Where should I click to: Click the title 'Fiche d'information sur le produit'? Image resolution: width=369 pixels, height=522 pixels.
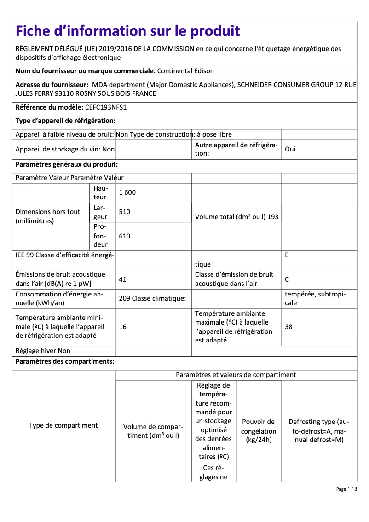click(128, 31)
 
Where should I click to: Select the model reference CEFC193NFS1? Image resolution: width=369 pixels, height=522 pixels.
click(106, 107)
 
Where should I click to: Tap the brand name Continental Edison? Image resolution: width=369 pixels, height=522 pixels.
click(185, 71)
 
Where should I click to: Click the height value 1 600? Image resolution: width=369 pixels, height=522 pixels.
click(127, 192)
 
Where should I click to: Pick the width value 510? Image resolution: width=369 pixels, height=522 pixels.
click(125, 212)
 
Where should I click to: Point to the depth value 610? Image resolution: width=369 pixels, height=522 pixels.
click(125, 236)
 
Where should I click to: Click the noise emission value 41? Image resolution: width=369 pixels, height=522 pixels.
click(123, 279)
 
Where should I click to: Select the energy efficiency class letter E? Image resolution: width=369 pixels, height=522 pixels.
click(287, 255)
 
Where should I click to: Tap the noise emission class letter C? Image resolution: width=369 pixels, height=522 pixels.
click(287, 279)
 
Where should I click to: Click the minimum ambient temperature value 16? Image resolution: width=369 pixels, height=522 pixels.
click(123, 327)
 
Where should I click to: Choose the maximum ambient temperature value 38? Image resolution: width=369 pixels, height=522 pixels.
click(289, 327)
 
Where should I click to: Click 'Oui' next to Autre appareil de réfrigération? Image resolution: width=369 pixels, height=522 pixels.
click(290, 150)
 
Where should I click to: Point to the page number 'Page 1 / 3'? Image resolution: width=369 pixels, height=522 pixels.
click(346, 489)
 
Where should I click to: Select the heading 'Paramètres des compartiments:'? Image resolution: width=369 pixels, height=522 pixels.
click(65, 361)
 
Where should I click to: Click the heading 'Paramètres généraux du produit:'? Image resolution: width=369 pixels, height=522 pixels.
click(67, 164)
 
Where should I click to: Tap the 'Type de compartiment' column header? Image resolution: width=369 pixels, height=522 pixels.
click(63, 425)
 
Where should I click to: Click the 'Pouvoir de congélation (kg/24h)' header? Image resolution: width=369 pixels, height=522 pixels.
click(259, 430)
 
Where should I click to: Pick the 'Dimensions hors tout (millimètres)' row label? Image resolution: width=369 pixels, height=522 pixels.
click(48, 216)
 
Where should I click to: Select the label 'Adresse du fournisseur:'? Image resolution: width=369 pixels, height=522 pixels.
click(52, 85)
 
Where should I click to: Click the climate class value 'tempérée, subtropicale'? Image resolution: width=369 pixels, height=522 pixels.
click(315, 298)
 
